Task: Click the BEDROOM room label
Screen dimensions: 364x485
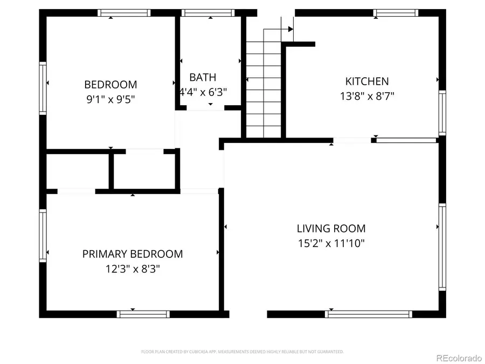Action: (110, 85)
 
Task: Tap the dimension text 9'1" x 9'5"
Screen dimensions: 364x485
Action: (110, 99)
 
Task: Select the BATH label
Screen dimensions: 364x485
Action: (203, 78)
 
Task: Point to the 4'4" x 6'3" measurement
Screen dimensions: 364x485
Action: (203, 92)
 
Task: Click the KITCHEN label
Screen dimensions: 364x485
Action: (367, 81)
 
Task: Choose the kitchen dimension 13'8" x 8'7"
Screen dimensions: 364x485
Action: (367, 97)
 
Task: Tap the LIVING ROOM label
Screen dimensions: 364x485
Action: (331, 229)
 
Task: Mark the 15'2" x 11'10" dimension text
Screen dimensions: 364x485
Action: (331, 243)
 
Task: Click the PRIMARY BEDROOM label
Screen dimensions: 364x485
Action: (133, 254)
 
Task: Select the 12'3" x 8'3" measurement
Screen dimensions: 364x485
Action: (133, 269)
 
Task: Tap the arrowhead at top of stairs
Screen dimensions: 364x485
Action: (290, 29)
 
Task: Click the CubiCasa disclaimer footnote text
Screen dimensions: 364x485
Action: (242, 352)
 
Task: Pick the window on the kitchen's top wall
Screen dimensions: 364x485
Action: (396, 12)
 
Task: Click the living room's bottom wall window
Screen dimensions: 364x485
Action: (369, 314)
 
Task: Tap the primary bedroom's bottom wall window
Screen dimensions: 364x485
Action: (143, 314)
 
